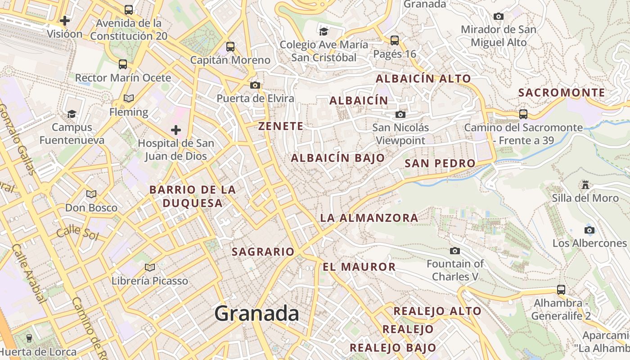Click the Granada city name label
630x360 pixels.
[256, 313]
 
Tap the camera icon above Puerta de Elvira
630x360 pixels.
[255, 85]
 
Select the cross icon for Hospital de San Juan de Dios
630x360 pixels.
[175, 130]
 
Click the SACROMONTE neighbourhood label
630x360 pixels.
[562, 93]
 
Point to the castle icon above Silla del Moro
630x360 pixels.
[585, 184]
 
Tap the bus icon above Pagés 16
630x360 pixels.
[395, 40]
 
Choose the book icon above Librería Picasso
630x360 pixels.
[150, 268]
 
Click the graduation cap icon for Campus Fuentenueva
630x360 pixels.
[72, 114]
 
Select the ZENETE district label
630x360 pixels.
[281, 126]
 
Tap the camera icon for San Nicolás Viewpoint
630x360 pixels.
[400, 114]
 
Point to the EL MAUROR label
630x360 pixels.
[359, 267]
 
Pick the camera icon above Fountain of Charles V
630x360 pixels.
[455, 251]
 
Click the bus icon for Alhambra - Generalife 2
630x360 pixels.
[561, 289]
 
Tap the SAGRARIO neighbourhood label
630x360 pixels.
[263, 252]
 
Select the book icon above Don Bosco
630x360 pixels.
[91, 194]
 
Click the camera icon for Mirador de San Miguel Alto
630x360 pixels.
[498, 17]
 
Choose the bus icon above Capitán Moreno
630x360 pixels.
[230, 46]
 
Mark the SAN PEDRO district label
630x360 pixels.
[440, 163]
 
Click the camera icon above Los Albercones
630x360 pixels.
[589, 230]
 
